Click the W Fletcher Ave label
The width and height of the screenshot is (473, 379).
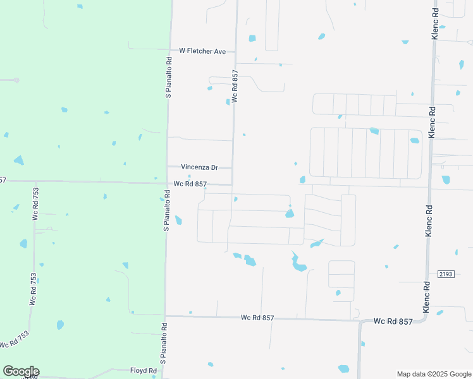[202, 51]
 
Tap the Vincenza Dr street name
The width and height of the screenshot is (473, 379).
[199, 167]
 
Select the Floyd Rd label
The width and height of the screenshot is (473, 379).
[143, 371]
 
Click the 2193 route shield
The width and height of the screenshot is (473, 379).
[446, 273]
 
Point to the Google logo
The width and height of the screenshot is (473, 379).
[21, 371]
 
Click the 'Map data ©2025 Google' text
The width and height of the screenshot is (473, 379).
[433, 374]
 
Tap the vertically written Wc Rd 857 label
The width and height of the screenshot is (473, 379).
[235, 87]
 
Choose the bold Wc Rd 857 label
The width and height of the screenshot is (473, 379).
[393, 322]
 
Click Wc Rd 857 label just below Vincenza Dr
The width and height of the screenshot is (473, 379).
[190, 184]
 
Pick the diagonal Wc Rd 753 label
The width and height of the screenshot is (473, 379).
[15, 339]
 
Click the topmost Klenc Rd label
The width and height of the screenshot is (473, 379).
[435, 24]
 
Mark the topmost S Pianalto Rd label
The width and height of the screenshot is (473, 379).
[169, 78]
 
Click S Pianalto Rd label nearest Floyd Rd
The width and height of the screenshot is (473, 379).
[163, 344]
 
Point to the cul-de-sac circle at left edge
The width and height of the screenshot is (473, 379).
[15, 80]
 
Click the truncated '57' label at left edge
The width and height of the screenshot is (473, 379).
[3, 181]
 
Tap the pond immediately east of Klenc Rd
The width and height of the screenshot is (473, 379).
[446, 179]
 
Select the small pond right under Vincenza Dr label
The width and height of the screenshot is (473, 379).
[189, 176]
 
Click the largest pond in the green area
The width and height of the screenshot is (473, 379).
[18, 160]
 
